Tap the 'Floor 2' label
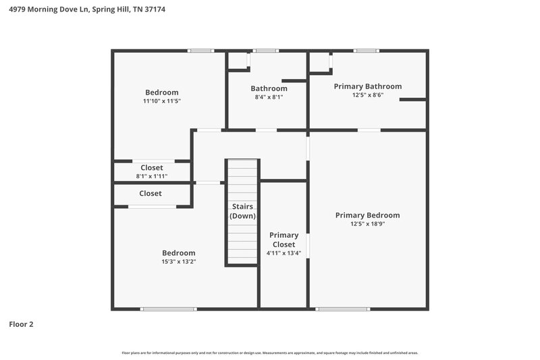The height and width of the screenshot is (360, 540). coord(21,324)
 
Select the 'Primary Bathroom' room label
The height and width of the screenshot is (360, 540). coord(367,86)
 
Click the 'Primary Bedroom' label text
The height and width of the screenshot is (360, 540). coord(367,215)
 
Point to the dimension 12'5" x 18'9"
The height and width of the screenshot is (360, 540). coord(367,224)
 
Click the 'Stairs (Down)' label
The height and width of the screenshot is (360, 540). coord(242,211)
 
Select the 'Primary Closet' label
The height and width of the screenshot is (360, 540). coord(283,240)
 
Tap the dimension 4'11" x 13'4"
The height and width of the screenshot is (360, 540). coord(283,253)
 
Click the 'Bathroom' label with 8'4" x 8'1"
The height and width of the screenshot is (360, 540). coord(269,88)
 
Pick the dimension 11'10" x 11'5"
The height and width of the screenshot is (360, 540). coord(161,101)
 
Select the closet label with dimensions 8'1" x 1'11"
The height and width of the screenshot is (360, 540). coord(151,168)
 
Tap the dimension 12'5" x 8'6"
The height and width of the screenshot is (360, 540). coord(367,96)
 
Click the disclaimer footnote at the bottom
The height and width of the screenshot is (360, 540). coord(269,353)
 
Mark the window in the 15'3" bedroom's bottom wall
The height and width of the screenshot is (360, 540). coord(168,309)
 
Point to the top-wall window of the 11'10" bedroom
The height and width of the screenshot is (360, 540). coord(200,51)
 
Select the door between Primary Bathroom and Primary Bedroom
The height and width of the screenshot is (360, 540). coord(368,130)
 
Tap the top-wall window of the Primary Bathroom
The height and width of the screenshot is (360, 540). coord(366,51)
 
